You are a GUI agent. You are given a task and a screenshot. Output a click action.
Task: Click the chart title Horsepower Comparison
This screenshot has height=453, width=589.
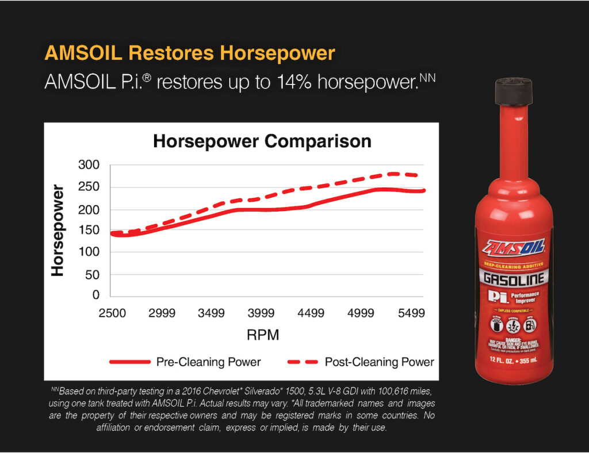click(262, 141)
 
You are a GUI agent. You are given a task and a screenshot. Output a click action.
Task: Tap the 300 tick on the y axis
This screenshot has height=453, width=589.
click(89, 166)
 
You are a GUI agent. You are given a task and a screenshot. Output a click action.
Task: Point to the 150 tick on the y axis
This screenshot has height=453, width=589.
click(89, 231)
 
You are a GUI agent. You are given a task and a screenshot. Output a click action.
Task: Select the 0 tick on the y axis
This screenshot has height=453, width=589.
click(96, 295)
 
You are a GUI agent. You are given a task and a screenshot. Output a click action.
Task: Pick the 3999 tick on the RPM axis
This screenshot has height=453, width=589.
click(261, 313)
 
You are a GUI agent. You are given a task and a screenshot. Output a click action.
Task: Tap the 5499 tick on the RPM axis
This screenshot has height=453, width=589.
click(411, 313)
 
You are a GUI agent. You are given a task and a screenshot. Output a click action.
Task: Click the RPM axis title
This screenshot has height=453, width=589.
click(262, 335)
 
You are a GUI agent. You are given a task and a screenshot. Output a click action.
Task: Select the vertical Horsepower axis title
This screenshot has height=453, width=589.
click(58, 230)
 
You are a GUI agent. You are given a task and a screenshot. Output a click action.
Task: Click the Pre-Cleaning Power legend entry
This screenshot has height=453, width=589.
click(208, 362)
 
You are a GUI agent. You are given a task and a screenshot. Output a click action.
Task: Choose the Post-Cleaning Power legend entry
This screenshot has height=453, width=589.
click(379, 362)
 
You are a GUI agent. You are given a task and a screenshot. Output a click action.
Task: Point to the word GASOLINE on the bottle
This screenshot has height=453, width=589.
click(514, 279)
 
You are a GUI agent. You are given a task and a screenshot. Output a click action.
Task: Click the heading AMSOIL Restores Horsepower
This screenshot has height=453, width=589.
click(190, 53)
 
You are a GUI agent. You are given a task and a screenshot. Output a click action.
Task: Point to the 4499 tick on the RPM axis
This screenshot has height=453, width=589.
click(311, 313)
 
